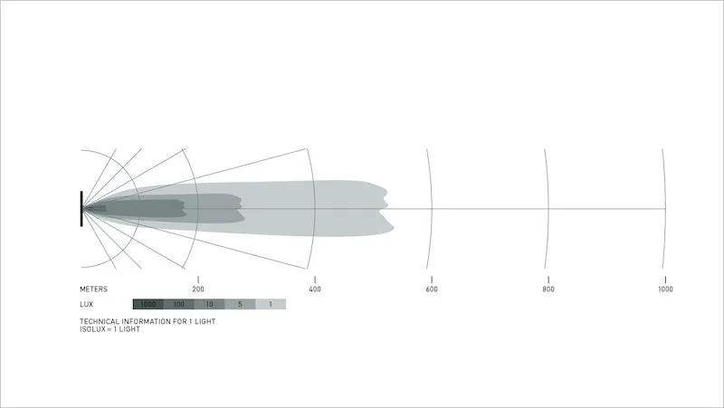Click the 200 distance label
[x=198, y=289]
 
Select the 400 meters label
[x=315, y=289]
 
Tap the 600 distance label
[x=432, y=289]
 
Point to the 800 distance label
[x=548, y=289]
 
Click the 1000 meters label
[x=665, y=289]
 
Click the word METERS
[x=94, y=289]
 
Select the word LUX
[x=86, y=305]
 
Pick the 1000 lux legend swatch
[x=148, y=304]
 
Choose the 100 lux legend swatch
[x=178, y=304]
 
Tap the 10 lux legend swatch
[x=209, y=304]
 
